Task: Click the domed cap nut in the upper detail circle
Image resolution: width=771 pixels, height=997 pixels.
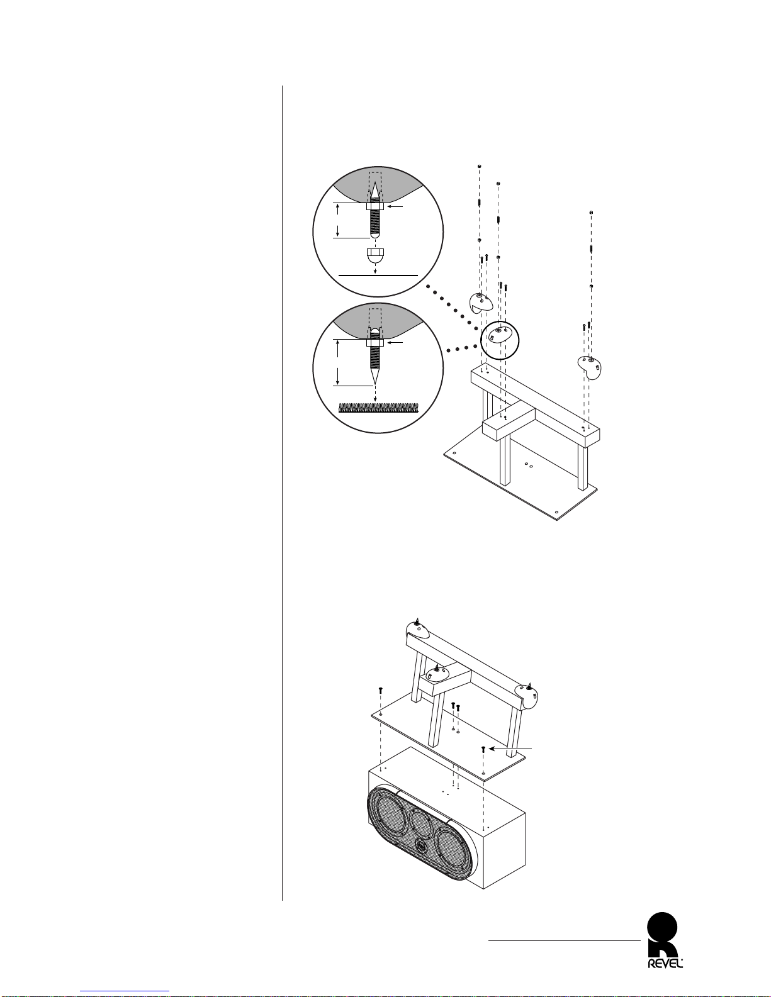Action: [x=375, y=255]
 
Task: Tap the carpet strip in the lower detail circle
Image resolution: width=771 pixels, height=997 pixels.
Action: [x=378, y=406]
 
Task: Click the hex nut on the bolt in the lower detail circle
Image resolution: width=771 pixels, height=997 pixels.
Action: [x=375, y=343]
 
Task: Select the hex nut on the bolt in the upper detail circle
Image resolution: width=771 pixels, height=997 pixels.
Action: [x=375, y=206]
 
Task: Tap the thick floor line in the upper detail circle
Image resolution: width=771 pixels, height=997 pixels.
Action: [x=378, y=276]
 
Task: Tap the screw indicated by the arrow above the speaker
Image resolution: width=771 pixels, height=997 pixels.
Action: [x=483, y=749]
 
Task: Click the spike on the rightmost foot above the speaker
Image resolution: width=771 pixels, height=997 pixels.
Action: [x=529, y=685]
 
